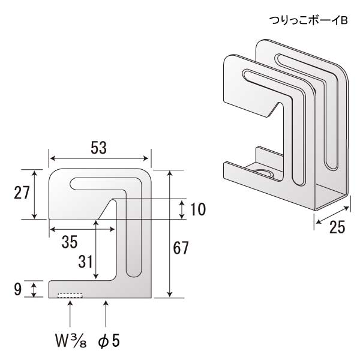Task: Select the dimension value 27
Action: tap(23, 193)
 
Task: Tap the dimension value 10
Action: tap(197, 209)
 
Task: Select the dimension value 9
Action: tap(17, 290)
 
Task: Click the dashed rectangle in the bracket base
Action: tap(70, 295)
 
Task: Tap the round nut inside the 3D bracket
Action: tap(265, 173)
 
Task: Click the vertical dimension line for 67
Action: tap(171, 233)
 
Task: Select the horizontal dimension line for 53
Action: tap(99, 158)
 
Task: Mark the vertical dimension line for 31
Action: tap(96, 249)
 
